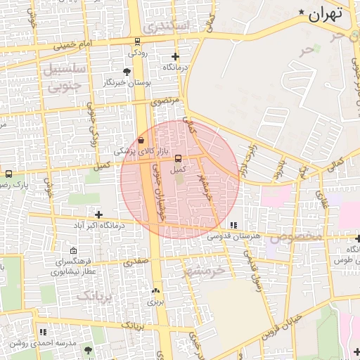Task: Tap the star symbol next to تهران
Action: click(x=302, y=12)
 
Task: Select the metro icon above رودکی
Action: click(x=137, y=41)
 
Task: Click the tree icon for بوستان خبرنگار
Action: click(x=127, y=72)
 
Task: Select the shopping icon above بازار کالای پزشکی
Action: click(x=141, y=140)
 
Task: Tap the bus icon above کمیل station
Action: click(x=177, y=158)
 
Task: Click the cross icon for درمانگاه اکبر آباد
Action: click(x=99, y=214)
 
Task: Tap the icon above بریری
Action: click(x=155, y=290)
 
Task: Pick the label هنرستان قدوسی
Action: click(x=233, y=236)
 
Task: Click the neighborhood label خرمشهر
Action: click(x=204, y=269)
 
